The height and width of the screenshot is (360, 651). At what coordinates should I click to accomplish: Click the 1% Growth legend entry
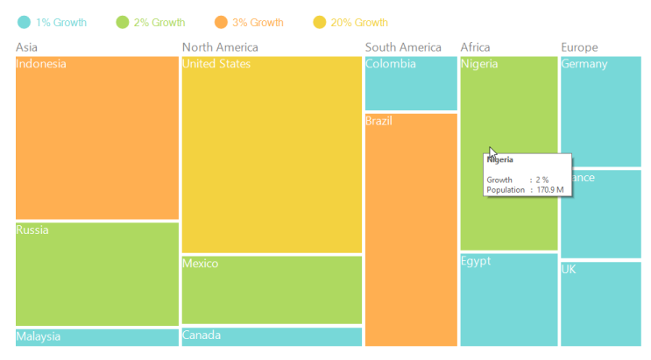tap(53, 23)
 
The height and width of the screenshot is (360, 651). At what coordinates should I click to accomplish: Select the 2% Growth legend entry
tap(151, 23)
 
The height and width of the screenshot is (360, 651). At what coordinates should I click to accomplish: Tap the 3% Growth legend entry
tap(249, 23)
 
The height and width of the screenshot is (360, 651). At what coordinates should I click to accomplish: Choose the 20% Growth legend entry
tap(350, 23)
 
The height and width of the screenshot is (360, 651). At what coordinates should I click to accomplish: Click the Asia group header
tap(27, 47)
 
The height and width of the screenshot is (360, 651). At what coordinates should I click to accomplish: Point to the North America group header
tap(220, 47)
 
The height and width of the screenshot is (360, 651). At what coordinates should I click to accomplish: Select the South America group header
tap(403, 47)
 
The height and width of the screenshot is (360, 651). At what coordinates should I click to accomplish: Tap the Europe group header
tap(579, 47)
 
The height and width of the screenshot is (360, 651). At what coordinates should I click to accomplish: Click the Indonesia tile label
tap(41, 64)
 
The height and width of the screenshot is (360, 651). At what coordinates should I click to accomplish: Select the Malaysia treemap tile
tap(96, 337)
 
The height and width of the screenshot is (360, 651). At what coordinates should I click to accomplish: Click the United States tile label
tap(216, 64)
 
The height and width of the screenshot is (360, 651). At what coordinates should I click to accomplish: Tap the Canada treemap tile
tap(272, 336)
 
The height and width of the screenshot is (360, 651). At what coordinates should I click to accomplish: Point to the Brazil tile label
tap(379, 121)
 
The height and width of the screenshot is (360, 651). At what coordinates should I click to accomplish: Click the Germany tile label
tap(584, 64)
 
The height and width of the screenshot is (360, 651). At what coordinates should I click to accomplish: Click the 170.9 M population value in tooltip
tap(550, 189)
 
